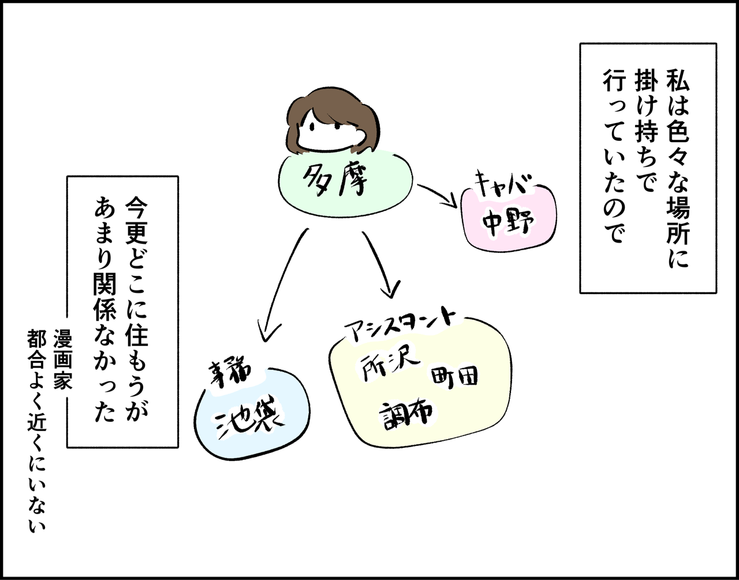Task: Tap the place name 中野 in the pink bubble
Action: point(508,222)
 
